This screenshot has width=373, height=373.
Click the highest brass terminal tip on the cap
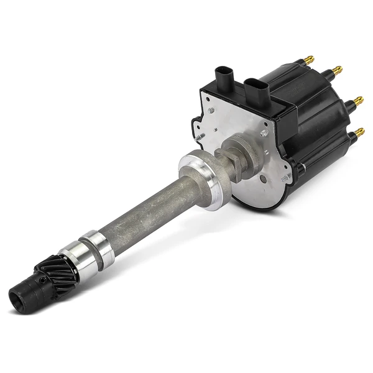(310, 59)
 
